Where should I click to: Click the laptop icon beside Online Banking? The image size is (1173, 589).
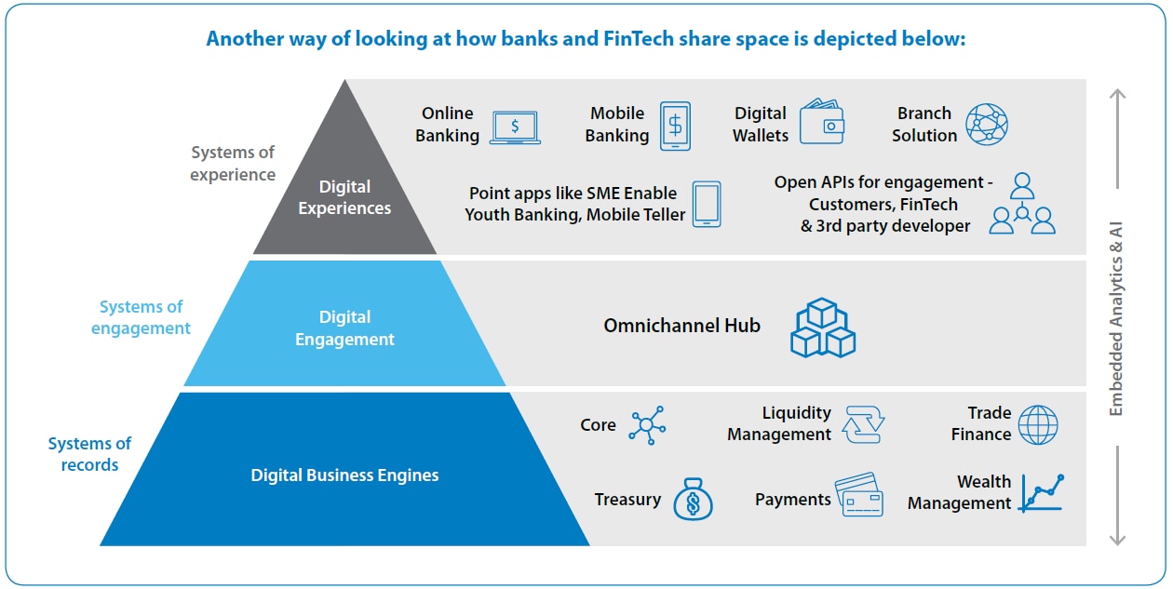pos(516,127)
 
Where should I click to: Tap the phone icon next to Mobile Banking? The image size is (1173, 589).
pos(675,127)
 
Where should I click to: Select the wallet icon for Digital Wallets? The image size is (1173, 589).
pos(822,122)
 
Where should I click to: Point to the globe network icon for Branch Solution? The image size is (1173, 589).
pos(987,124)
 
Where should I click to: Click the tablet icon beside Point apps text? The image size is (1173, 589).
pos(707,204)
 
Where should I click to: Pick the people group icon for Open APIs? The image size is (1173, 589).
pos(1021,204)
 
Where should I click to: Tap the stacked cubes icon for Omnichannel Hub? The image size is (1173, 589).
pos(823,328)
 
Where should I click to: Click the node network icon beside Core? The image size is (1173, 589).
pos(647,425)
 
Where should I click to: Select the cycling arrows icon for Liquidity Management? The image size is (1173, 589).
pos(863,424)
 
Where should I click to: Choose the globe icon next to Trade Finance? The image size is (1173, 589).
pos(1038,424)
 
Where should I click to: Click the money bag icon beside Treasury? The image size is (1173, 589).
pos(693,499)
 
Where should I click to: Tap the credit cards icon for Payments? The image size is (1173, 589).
pos(858,495)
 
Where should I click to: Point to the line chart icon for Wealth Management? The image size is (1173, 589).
pos(1042,493)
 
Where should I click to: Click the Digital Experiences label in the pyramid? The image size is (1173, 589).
pos(344,197)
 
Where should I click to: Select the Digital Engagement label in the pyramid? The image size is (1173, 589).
pos(344,328)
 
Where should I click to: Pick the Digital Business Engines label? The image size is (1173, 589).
pos(344,475)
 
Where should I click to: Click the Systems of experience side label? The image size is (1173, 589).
pos(233,164)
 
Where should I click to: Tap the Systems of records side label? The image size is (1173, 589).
pos(89,454)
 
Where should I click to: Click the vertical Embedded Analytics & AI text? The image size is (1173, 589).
pos(1116,319)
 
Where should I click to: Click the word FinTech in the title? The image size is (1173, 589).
pos(639,39)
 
